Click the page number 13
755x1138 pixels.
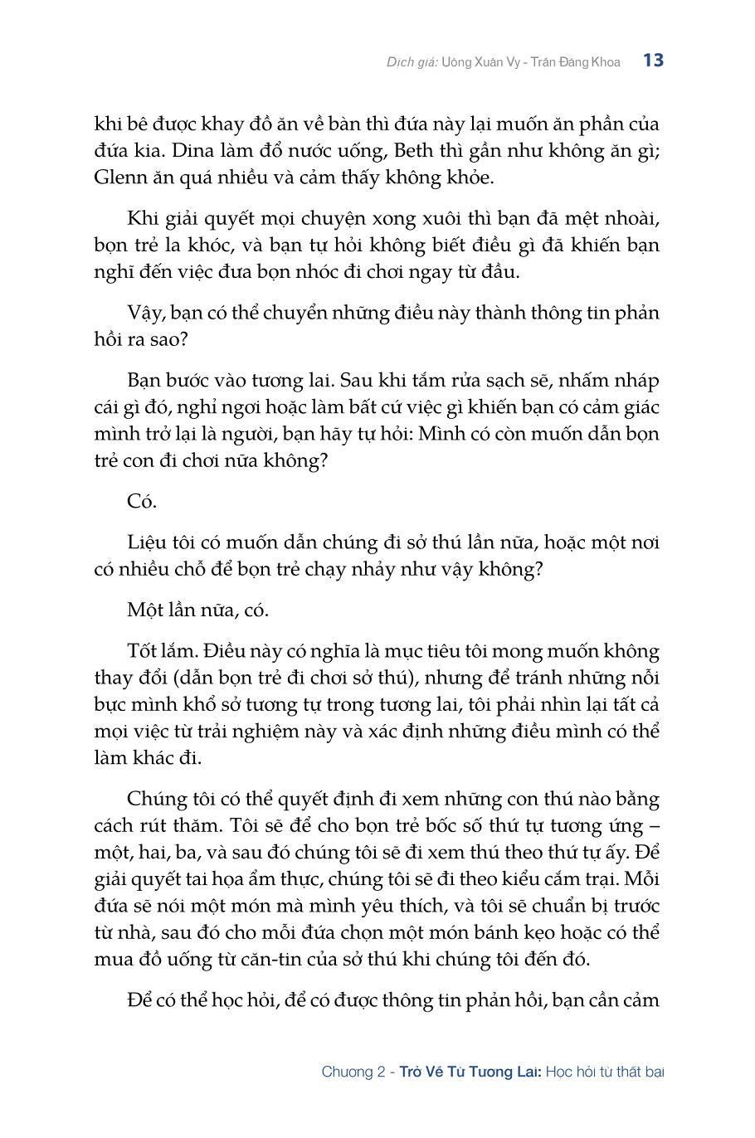point(653,61)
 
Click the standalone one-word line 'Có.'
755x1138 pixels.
point(142,501)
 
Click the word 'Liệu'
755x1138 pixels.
point(148,542)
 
